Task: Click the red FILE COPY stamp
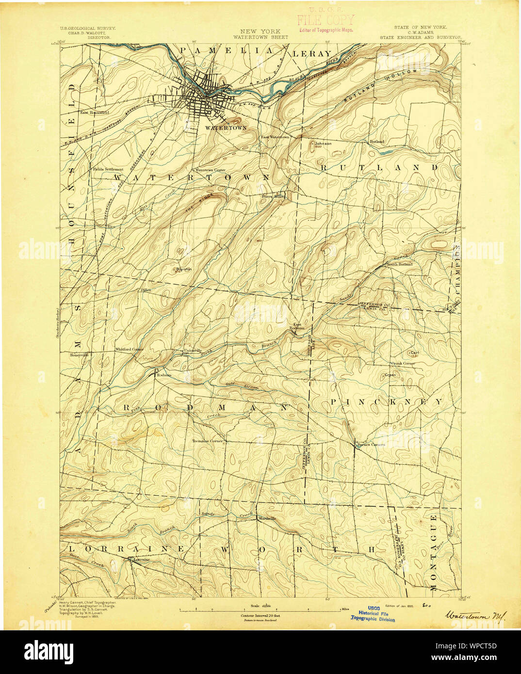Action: click(326, 21)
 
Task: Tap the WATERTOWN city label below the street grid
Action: click(226, 128)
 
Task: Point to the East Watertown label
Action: click(275, 137)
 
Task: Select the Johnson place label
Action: click(323, 144)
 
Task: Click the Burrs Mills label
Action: click(272, 196)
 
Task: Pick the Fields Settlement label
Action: click(107, 169)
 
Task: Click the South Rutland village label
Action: click(399, 264)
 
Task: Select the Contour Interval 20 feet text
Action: click(260, 615)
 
